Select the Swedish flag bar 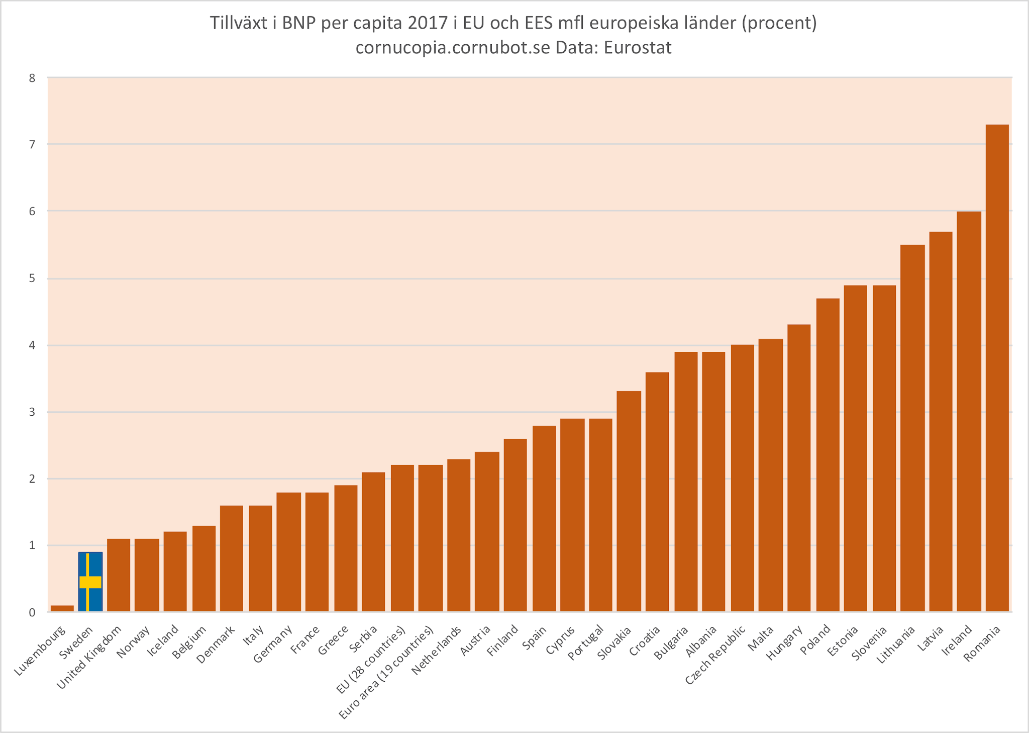coord(90,582)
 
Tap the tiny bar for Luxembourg coord(62,608)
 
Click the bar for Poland coord(828,455)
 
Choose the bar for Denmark coord(232,559)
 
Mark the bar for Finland coord(515,525)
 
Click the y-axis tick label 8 coord(32,78)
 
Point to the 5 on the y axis coord(32,279)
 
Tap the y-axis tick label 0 coord(32,612)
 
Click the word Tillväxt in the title coord(239,24)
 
